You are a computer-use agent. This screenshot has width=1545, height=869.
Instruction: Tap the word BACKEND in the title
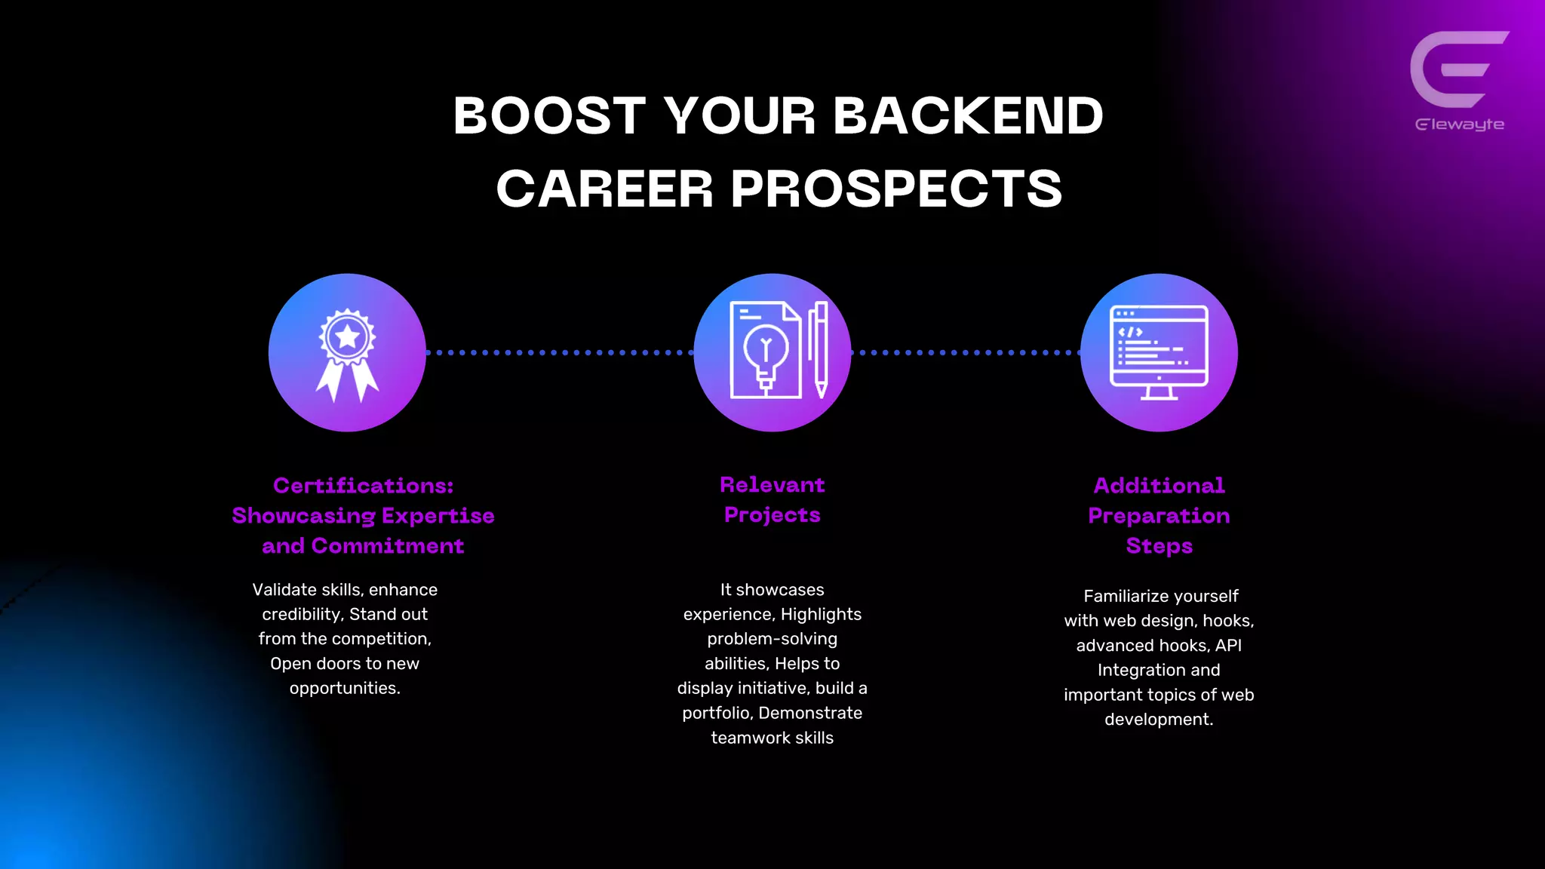pyautogui.click(x=968, y=116)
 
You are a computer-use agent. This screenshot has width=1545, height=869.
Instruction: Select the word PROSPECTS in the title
pyautogui.click(x=896, y=189)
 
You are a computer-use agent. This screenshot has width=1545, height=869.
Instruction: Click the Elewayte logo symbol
pyautogui.click(x=1457, y=69)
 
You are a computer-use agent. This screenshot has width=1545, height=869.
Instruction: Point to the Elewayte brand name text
pyautogui.click(x=1459, y=124)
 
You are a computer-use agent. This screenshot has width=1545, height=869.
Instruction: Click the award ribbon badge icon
pyautogui.click(x=347, y=353)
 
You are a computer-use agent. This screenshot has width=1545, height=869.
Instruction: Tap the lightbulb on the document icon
pyautogui.click(x=766, y=352)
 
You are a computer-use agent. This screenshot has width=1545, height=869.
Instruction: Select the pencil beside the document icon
pyautogui.click(x=820, y=349)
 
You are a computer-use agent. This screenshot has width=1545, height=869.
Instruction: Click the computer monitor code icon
pyautogui.click(x=1159, y=352)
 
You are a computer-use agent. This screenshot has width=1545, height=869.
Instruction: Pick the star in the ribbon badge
pyautogui.click(x=347, y=336)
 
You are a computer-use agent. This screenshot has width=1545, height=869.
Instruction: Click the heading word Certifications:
pyautogui.click(x=363, y=486)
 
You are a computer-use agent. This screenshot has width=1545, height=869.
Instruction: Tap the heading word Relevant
pyautogui.click(x=772, y=485)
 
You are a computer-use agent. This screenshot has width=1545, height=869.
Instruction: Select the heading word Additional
pyautogui.click(x=1159, y=486)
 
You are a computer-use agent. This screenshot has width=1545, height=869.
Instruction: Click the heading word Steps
pyautogui.click(x=1159, y=546)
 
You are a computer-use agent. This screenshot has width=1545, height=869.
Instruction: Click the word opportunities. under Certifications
pyautogui.click(x=345, y=689)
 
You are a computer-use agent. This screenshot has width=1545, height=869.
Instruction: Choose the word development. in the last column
pyautogui.click(x=1159, y=720)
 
